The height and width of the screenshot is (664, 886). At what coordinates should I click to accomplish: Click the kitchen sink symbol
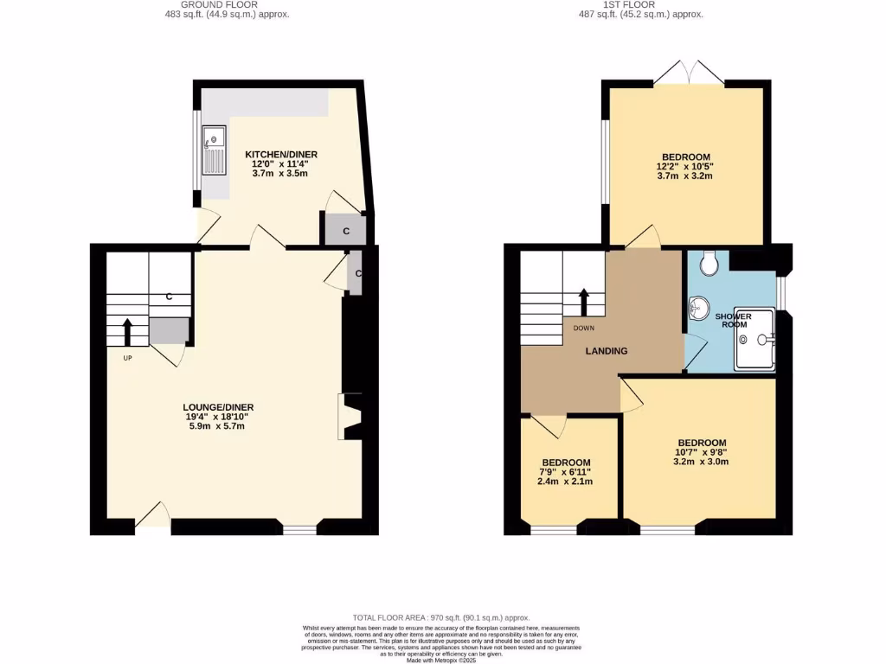pyautogui.click(x=213, y=149)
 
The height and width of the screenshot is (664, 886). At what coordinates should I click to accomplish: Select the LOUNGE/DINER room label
pyautogui.click(x=218, y=407)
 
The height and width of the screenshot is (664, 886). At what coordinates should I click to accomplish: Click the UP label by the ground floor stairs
pyautogui.click(x=127, y=357)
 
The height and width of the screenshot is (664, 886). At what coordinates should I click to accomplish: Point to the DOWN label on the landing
pyautogui.click(x=584, y=328)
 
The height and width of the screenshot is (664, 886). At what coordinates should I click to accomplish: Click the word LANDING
pyautogui.click(x=606, y=351)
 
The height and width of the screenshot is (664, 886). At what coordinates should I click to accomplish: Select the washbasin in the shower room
pyautogui.click(x=697, y=307)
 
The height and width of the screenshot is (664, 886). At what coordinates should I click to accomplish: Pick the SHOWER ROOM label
pyautogui.click(x=733, y=321)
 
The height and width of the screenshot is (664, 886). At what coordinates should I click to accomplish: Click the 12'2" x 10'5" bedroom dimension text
pyautogui.click(x=684, y=166)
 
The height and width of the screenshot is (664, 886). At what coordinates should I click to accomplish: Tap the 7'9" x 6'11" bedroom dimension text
pyautogui.click(x=565, y=472)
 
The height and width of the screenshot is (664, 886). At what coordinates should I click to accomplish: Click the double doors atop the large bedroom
pyautogui.click(x=689, y=73)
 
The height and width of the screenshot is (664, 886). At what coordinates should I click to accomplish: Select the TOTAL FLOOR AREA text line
pyautogui.click(x=441, y=617)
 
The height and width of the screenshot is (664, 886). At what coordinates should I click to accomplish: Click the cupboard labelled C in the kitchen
pyautogui.click(x=345, y=231)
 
